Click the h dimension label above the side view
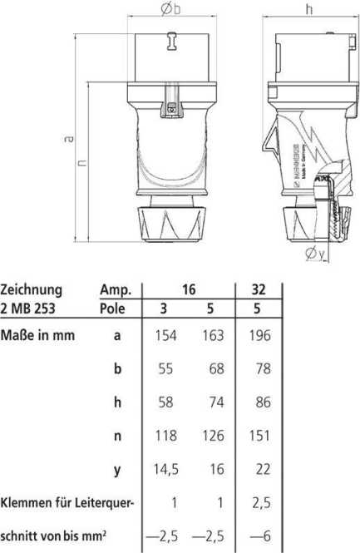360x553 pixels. coord(308,10)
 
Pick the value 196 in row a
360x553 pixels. coord(262,336)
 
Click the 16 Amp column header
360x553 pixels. coord(189,289)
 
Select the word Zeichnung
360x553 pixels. coord(32,290)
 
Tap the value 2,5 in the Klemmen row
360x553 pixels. coord(261,503)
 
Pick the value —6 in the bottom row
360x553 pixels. coord(260,538)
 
